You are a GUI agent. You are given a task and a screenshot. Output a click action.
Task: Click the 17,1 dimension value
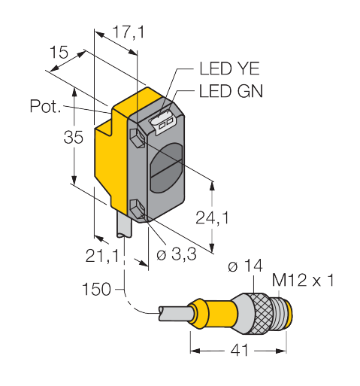129,32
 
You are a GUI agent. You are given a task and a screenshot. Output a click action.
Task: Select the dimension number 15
59,52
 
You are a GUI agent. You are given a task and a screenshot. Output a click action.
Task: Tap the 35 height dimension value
73,137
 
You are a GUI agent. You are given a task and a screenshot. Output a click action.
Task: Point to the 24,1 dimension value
212,217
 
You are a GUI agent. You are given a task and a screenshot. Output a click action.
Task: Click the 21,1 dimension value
102,256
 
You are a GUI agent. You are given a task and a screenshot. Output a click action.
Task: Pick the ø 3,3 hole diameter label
177,254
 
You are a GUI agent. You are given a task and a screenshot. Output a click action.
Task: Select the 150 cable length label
96,289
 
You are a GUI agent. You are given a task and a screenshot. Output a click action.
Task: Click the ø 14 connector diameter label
246,266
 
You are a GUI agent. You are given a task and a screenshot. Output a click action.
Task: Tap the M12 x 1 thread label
303,280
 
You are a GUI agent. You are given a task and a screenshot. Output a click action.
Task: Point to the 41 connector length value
240,350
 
